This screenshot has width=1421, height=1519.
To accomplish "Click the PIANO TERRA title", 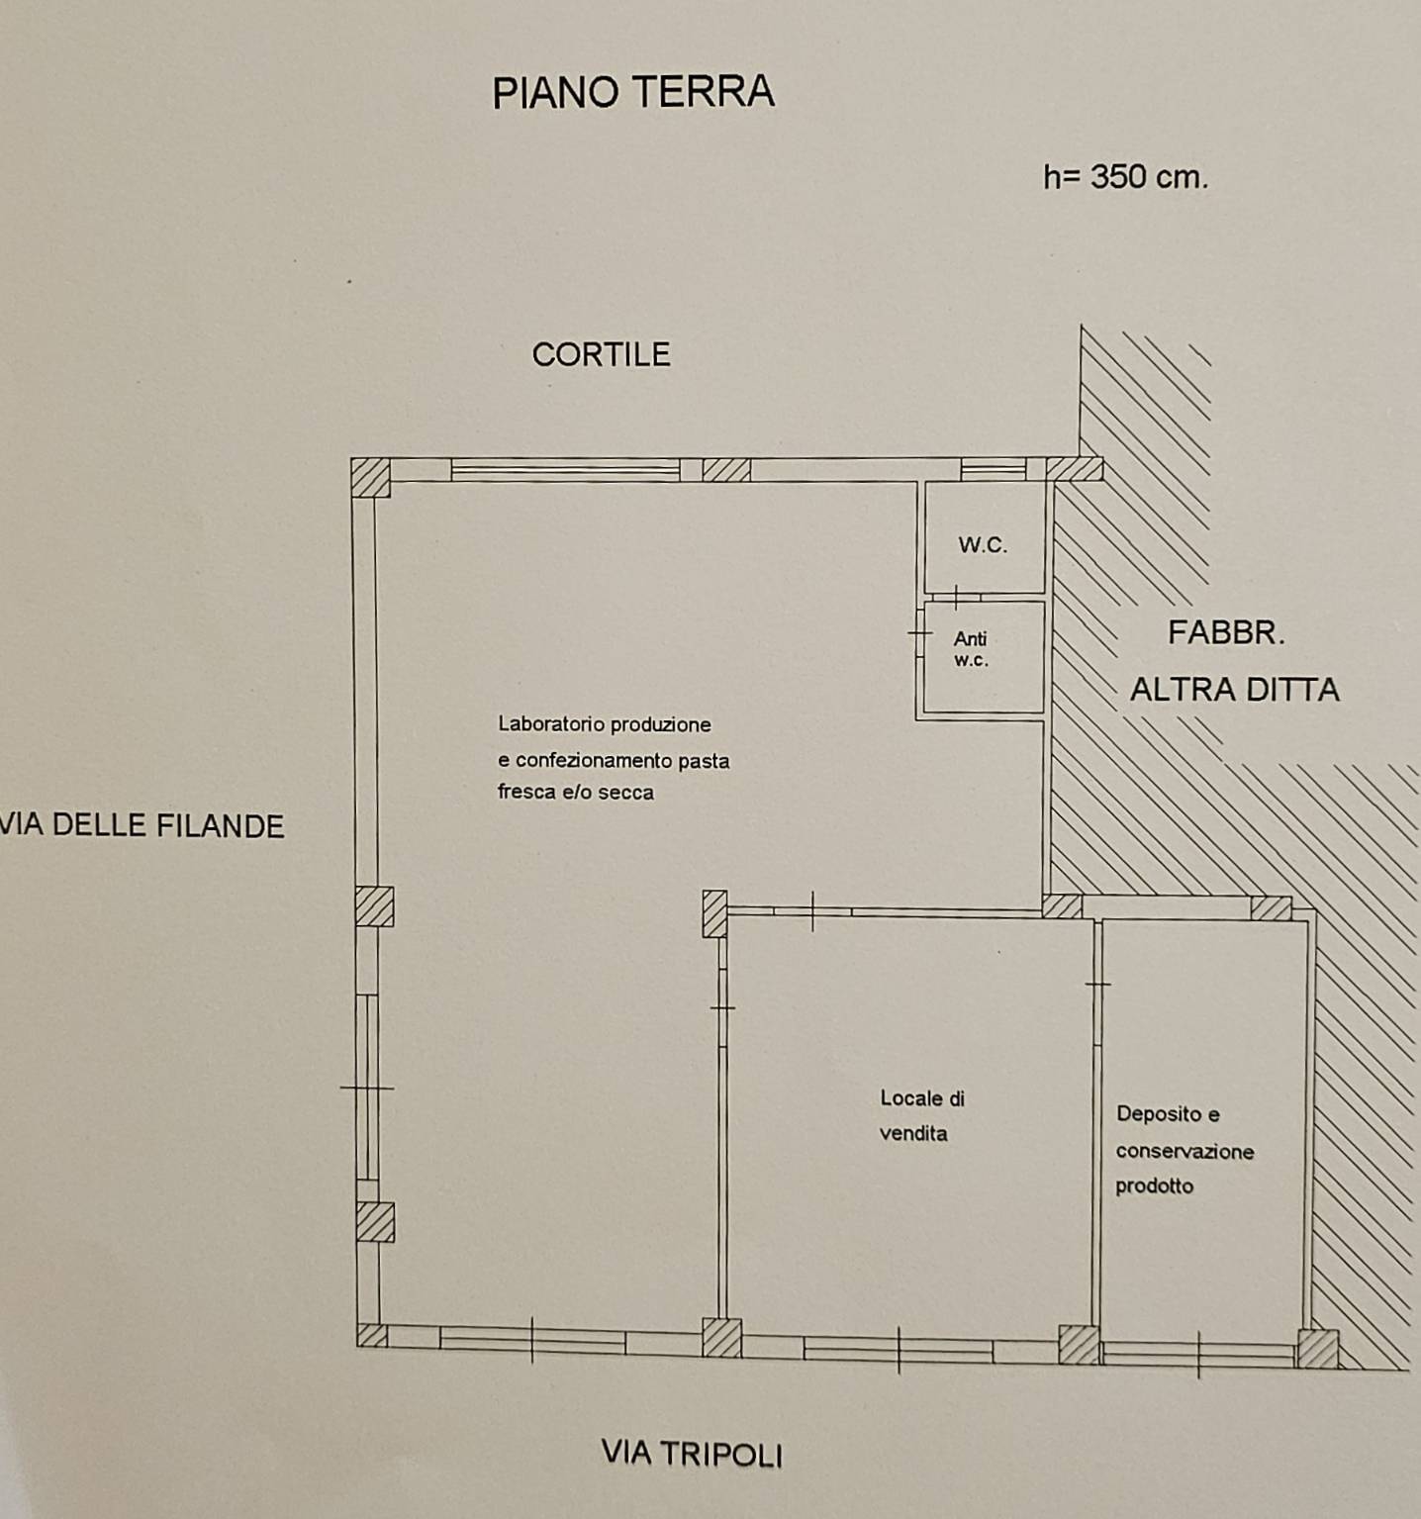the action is (x=633, y=92).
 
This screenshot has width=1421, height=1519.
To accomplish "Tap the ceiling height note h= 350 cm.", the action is (x=1126, y=177).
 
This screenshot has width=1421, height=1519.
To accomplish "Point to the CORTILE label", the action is (x=601, y=354).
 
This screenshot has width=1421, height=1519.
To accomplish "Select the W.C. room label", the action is (x=983, y=544).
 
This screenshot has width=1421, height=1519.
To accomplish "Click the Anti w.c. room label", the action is (x=971, y=649).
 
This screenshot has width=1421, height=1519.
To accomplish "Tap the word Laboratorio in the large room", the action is (x=549, y=724).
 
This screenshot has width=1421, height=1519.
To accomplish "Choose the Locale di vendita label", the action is (x=921, y=1115).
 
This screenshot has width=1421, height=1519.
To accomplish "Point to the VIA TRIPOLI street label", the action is (x=692, y=1454).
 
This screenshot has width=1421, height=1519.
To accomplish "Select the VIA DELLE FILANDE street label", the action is (x=142, y=825).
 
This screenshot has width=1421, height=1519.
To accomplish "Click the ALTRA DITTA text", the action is (x=1234, y=690).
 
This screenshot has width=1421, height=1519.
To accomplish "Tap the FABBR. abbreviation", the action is (x=1226, y=632).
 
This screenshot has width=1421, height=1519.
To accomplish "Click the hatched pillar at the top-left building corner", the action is (x=371, y=477).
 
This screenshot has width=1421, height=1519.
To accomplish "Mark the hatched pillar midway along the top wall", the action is (x=726, y=469).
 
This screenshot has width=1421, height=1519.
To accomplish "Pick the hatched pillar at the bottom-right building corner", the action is (x=1317, y=1348).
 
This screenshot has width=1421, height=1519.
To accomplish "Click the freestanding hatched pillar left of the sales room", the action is (x=714, y=913).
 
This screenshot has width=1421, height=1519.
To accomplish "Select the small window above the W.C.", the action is (x=994, y=469).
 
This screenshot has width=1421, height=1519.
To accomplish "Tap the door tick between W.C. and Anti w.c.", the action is (x=957, y=596).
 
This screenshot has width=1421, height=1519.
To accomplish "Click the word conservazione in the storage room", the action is (x=1184, y=1151).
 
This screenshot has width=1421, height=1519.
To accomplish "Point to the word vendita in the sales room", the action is (x=912, y=1133).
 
